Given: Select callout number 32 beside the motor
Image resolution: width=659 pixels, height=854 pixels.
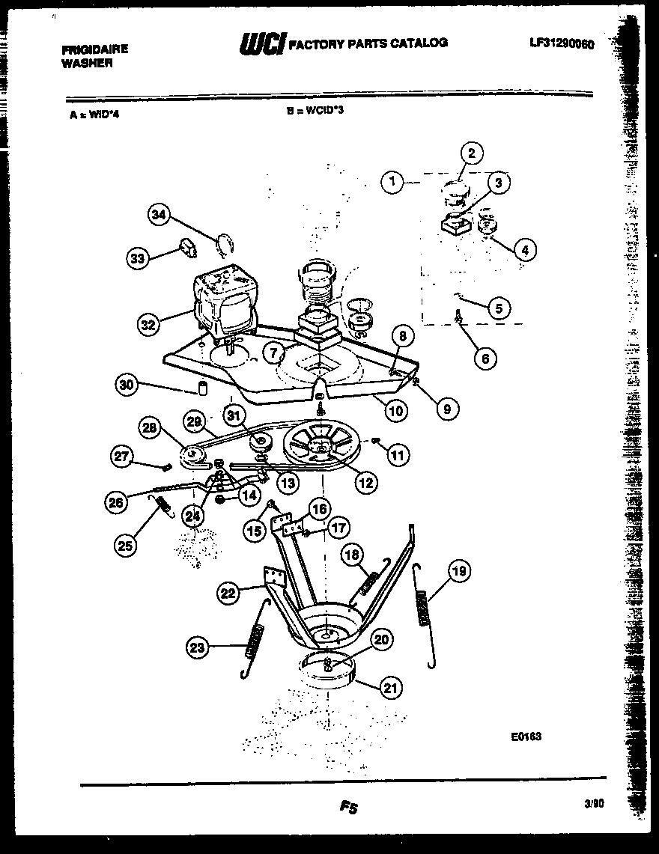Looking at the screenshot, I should [x=148, y=325].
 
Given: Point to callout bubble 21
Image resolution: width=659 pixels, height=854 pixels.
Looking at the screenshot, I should [x=389, y=687].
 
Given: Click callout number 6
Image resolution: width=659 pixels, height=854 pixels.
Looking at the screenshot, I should [x=485, y=359].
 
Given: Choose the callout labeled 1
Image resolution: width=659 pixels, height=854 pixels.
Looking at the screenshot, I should [x=392, y=180].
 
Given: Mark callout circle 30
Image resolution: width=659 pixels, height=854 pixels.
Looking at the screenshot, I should [x=127, y=385].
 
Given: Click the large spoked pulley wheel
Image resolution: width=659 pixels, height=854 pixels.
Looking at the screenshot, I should [x=321, y=448].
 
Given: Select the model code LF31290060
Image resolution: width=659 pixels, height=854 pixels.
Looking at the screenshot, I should [x=561, y=44].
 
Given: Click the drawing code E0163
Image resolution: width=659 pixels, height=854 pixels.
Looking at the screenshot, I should [x=526, y=736].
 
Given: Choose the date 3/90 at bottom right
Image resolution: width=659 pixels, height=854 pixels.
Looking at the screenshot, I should [x=593, y=802].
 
